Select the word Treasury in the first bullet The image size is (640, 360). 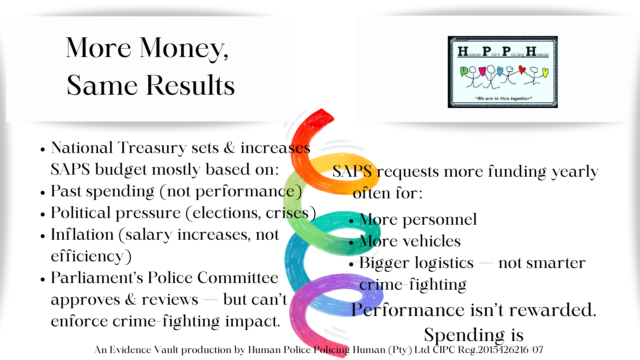[152, 148]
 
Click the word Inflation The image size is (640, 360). [82, 234]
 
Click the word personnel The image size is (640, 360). [440, 219]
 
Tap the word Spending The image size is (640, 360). [464, 335]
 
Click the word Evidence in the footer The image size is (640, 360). [130, 350]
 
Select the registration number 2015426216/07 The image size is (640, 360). [511, 350]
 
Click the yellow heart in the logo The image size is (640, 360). [545, 72]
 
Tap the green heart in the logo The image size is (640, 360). [464, 71]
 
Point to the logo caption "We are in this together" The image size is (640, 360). [503, 98]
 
